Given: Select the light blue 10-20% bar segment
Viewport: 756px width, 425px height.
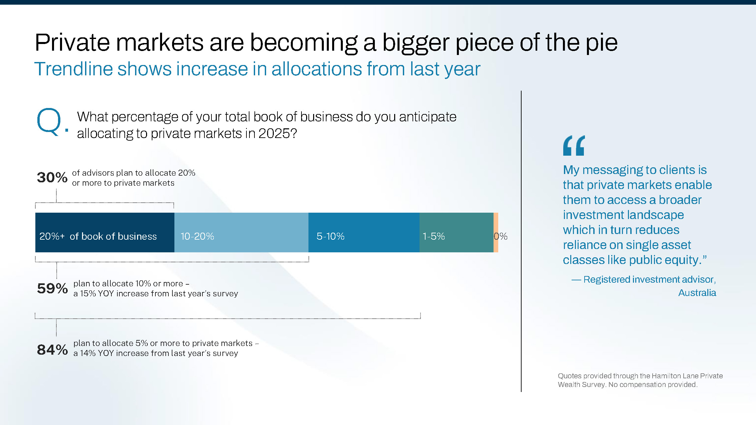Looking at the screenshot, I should coord(241,232).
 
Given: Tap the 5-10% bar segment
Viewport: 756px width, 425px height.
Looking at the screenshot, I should coord(363,232).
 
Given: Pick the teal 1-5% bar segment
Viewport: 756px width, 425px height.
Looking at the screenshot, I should coord(456,232).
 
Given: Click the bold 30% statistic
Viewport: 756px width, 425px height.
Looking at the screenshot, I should coord(52,177).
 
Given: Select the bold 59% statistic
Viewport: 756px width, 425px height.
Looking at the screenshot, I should coord(52,288).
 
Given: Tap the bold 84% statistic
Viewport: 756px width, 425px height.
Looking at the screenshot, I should coord(52,350).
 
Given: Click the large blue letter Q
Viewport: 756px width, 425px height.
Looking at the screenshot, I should coord(49,122).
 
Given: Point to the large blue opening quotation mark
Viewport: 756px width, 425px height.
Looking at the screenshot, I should coord(574,146).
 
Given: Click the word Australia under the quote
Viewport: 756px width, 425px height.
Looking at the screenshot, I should coord(697,293).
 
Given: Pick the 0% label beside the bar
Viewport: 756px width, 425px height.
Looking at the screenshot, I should coord(501,236).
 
